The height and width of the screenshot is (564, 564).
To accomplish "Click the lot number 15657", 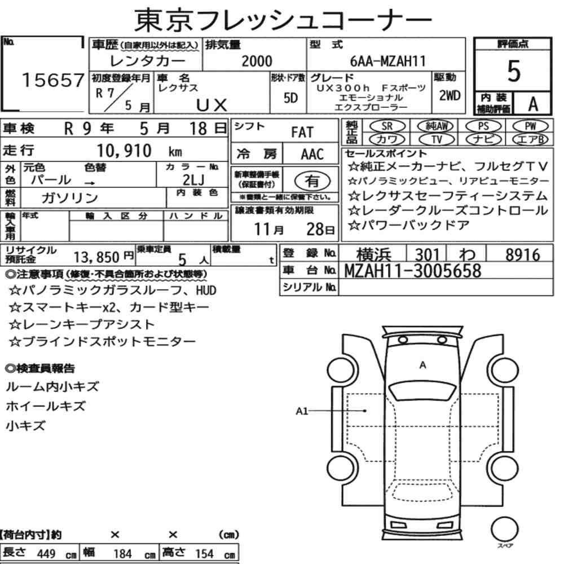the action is coord(53,80).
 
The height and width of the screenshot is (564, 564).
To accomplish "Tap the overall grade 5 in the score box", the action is coord(513,71).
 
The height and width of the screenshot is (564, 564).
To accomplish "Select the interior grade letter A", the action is coord(533,104).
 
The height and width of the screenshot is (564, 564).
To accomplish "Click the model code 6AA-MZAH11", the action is coord(388,61).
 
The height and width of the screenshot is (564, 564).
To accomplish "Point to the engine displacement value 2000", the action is coord(257,61).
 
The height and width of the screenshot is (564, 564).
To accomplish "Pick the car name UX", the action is coord(212,105).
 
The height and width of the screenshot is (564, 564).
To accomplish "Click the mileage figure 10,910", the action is coord(124,151).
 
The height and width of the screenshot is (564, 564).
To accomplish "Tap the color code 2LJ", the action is coord(193,179).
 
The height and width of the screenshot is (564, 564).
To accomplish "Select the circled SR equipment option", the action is coord(387,126).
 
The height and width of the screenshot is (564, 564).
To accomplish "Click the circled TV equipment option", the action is coord(436,139).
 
